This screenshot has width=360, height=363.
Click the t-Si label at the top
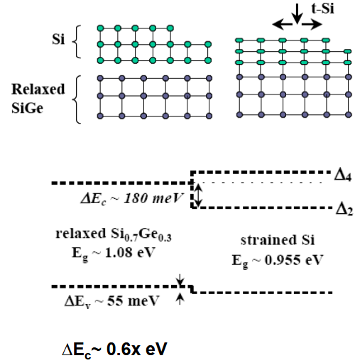[x=322, y=9]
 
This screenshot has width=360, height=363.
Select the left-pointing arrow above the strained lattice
[x=283, y=24]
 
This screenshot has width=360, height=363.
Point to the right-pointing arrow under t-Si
[x=312, y=24]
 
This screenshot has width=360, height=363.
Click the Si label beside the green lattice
[x=58, y=39]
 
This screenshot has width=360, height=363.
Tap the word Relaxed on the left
[x=38, y=89]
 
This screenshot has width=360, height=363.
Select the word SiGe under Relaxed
[x=27, y=108]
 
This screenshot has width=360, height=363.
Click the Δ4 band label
[x=343, y=176]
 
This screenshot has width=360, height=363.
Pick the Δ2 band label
[x=344, y=209]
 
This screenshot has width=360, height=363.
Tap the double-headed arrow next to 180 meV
[x=198, y=195]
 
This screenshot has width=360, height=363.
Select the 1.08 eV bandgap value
[x=130, y=253]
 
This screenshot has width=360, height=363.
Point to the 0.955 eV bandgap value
[x=293, y=260]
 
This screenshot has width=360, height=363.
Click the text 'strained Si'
[x=278, y=240]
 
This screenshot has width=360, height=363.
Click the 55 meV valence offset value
[x=133, y=301]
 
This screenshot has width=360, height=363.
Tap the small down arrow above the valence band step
[x=180, y=280]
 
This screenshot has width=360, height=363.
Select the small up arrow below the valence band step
[x=180, y=299]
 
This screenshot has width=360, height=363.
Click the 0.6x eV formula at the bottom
[x=137, y=349]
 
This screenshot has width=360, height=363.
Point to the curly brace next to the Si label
[x=76, y=42]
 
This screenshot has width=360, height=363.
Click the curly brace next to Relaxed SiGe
[x=77, y=99]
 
